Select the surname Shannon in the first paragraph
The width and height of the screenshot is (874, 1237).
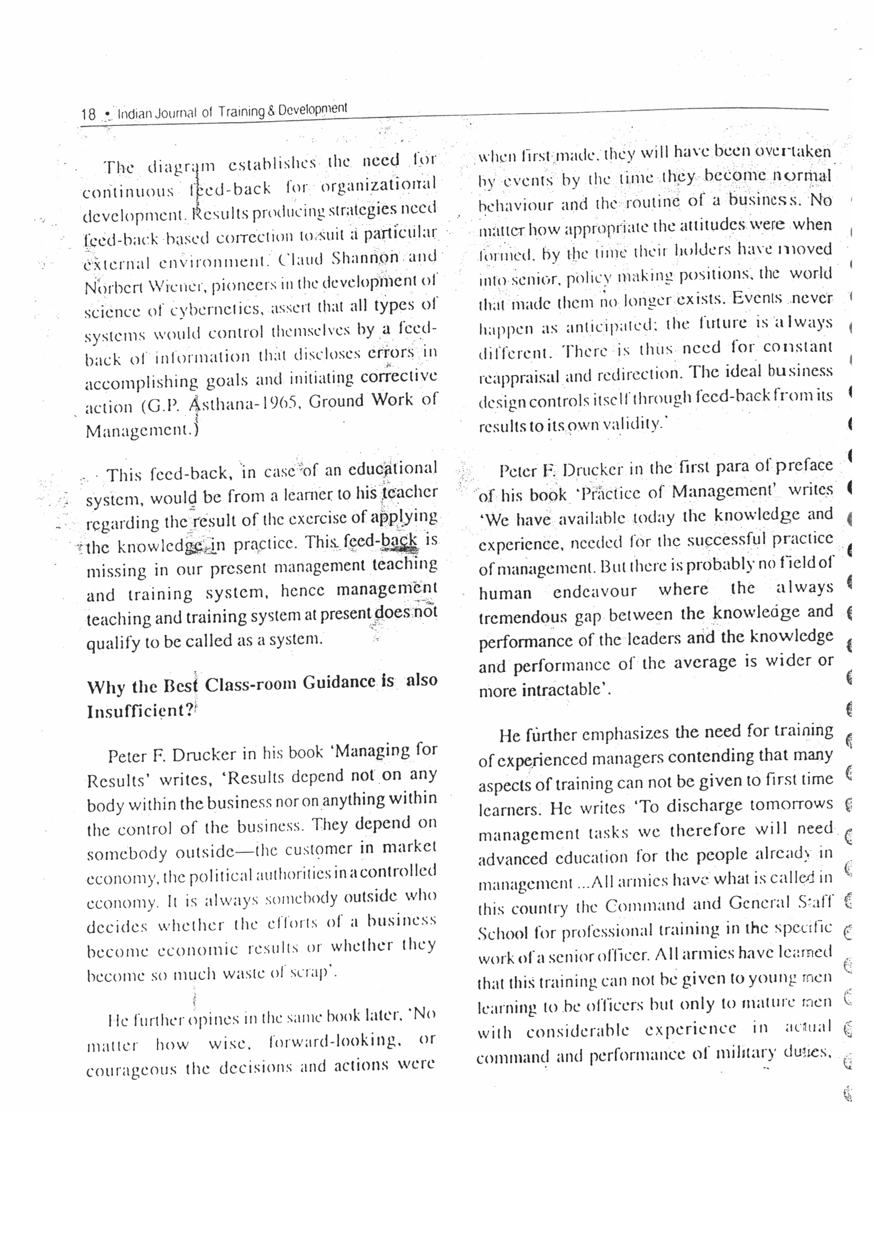(366, 258)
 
